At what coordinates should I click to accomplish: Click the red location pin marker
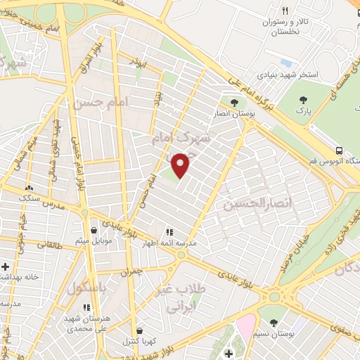pyautogui.click(x=181, y=165)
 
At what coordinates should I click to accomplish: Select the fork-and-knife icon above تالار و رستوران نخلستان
pyautogui.click(x=285, y=11)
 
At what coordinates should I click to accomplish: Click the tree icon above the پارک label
pyautogui.click(x=304, y=101)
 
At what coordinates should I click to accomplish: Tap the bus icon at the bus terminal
pyautogui.click(x=340, y=150)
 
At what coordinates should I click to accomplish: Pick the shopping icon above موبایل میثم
pyautogui.click(x=94, y=230)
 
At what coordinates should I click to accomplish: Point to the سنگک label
pyautogui.click(x=28, y=199)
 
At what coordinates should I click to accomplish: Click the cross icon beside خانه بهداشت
pyautogui.click(x=6, y=266)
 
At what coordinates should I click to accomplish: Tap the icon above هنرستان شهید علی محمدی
pyautogui.click(x=86, y=307)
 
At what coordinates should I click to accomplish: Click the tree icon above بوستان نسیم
pyautogui.click(x=274, y=323)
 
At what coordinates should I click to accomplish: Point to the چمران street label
pyautogui.click(x=131, y=270)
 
